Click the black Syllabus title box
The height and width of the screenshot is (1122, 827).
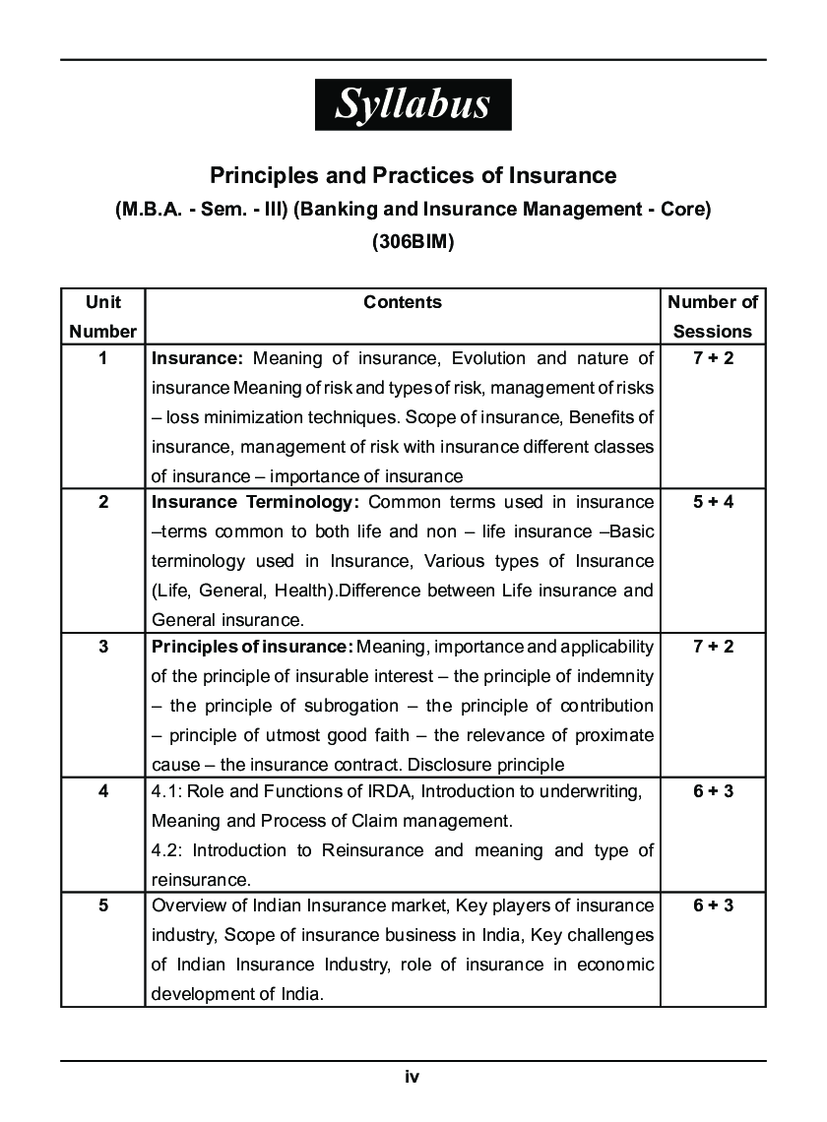413,104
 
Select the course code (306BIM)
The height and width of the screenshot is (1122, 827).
413,242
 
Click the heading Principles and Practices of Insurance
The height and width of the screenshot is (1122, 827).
413,175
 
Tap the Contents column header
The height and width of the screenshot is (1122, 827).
403,302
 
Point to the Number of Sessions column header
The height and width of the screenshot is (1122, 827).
713,316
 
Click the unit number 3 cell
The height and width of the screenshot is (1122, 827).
103,647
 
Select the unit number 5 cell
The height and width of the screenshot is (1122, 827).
103,905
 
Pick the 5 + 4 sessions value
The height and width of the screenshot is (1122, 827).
713,502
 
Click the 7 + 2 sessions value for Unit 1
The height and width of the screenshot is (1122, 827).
713,358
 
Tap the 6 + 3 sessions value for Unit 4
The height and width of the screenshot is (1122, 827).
713,791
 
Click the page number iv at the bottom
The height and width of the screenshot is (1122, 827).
413,1077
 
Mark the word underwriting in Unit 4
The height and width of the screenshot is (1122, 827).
585,791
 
